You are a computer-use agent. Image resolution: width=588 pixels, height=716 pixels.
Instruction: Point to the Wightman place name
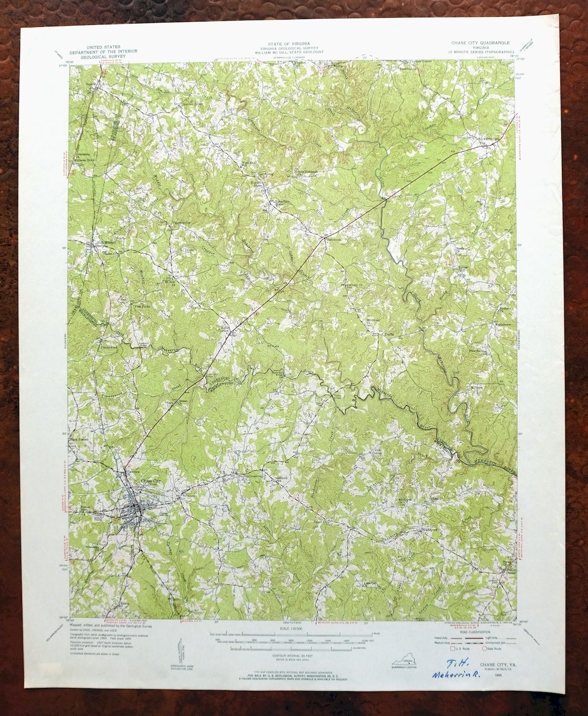tap(428, 530)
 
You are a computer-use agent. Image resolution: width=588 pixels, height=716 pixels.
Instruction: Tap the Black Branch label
tap(81, 439)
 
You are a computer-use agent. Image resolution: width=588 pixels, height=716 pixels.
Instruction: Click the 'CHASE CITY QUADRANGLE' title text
tap(481, 42)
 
